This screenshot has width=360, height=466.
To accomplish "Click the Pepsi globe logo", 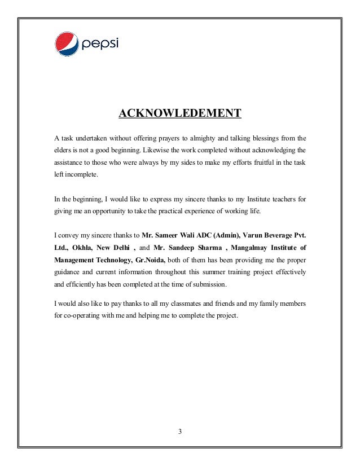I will pos(67,43).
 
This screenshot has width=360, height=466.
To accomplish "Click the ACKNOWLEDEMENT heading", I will pos(179,114).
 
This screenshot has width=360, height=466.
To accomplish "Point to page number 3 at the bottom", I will pos(179,432).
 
